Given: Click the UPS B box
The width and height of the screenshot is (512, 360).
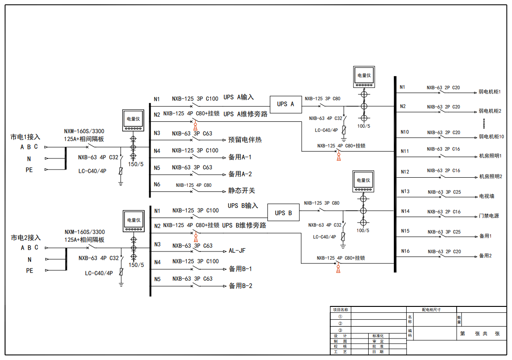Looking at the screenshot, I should point(283,213).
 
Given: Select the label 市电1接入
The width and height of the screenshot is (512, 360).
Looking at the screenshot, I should point(26,137).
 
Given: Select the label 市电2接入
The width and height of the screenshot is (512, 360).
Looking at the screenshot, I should point(26,238).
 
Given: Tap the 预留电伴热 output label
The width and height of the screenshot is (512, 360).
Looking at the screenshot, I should point(245,140).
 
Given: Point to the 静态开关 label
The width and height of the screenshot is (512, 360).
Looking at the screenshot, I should point(242,191).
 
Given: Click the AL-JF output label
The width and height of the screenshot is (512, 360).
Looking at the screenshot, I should point(238,251).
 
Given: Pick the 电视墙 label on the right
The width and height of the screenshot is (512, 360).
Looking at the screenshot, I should point(486,196).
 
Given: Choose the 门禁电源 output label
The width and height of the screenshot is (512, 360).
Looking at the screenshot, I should point(489,216).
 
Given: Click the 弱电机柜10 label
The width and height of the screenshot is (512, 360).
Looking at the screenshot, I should point(491,136).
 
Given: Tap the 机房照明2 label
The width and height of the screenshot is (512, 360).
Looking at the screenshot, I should point(490,176).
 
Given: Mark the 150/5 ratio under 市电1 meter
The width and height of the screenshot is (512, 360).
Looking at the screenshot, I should point(136,164).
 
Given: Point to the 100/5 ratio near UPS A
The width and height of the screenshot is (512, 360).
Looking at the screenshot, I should point(363,125).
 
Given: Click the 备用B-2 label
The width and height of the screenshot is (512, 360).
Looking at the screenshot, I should point(240,286).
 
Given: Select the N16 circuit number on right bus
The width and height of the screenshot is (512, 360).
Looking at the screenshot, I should point(405,251).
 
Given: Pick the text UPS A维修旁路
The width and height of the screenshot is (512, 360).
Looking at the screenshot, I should point(245,114).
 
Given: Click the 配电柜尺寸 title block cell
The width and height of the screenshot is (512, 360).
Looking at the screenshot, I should point(431,310).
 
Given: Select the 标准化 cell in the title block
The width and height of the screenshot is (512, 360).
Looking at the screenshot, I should point(378,336).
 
